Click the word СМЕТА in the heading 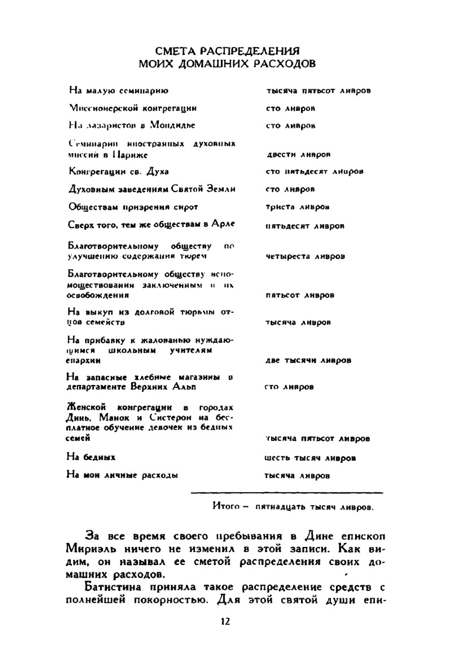pyautogui.click(x=175, y=51)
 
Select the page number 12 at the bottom pyautogui.click(x=225, y=621)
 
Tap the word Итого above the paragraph pyautogui.click(x=226, y=506)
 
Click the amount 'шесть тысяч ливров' pyautogui.click(x=310, y=458)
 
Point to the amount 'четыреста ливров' pyautogui.click(x=305, y=256)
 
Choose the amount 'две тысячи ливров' pyautogui.click(x=308, y=360)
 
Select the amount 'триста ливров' pyautogui.click(x=297, y=207)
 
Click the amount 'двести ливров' pyautogui.click(x=298, y=154)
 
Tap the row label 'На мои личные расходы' pyautogui.click(x=122, y=475)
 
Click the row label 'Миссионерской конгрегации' pyautogui.click(x=133, y=108)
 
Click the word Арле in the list pyautogui.click(x=223, y=224)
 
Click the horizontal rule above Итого pyautogui.click(x=287, y=493)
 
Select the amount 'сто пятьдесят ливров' pyautogui.click(x=314, y=172)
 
